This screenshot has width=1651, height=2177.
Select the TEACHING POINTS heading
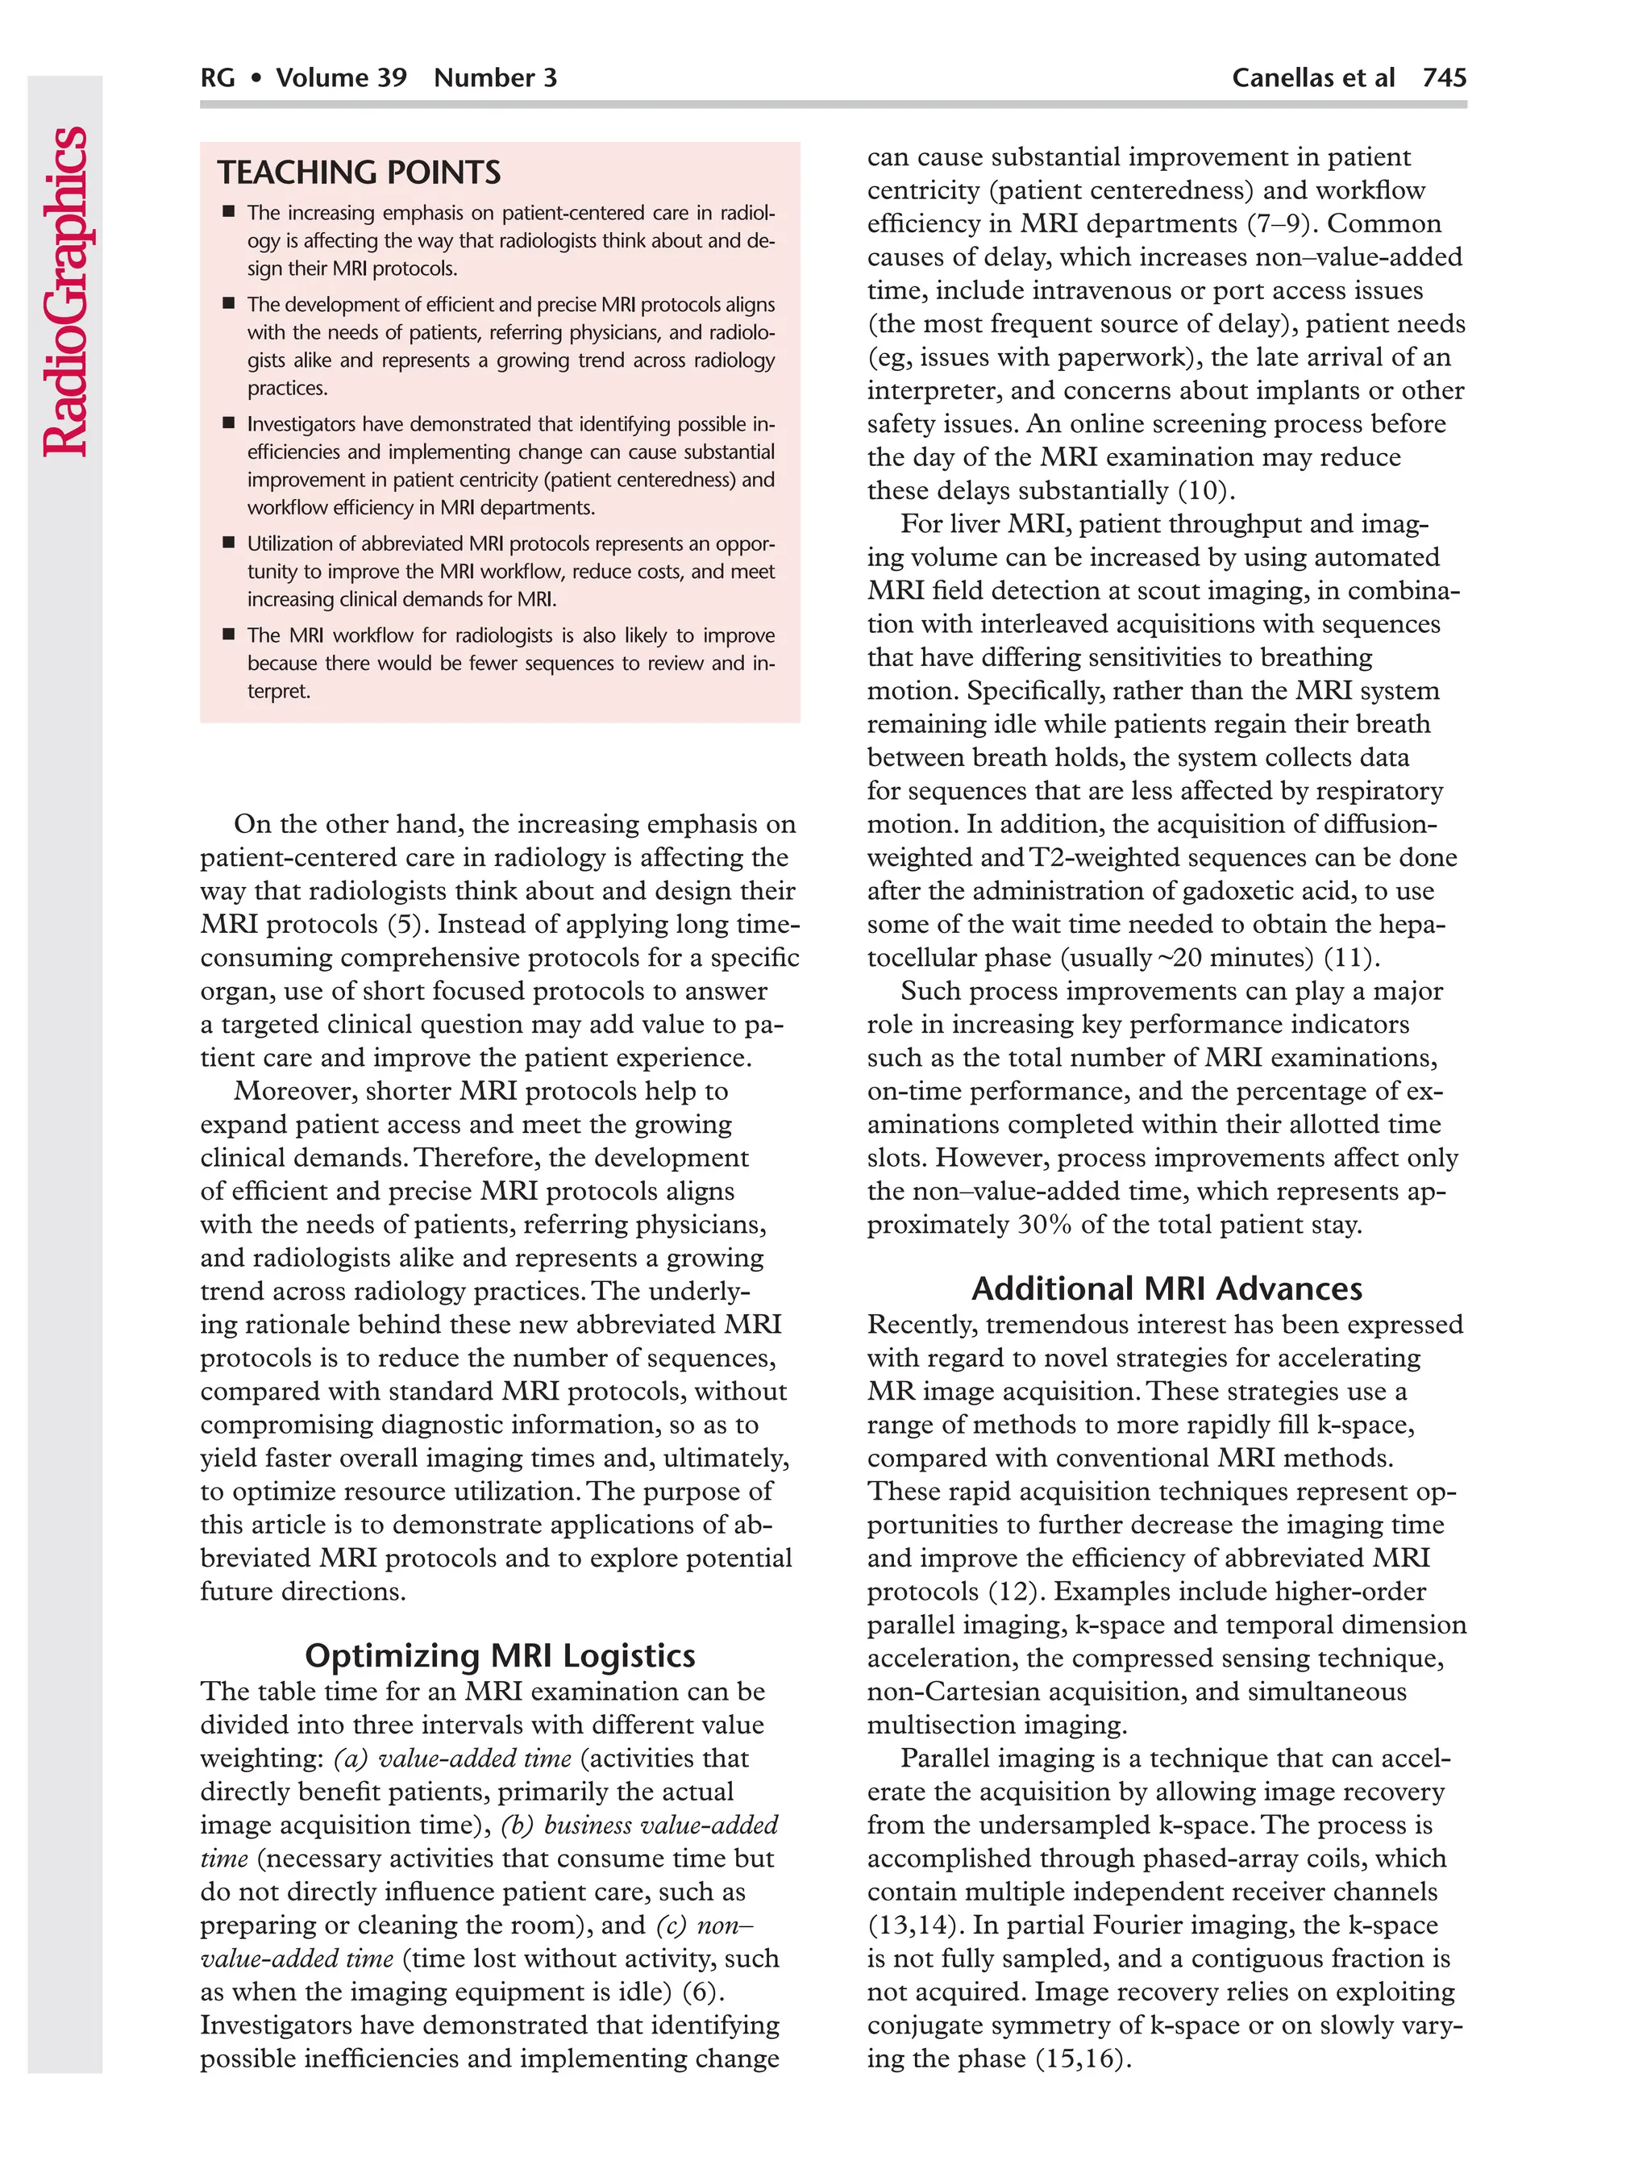359,173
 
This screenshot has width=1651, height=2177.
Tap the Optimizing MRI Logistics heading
500,1655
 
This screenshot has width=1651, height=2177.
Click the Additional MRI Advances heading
1167,1288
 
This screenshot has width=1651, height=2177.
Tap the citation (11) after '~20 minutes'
1351,958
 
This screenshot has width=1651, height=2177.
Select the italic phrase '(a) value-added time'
452,1758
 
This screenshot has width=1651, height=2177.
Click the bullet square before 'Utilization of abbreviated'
228,543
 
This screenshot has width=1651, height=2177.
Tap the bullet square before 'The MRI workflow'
228,634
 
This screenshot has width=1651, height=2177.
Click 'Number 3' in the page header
495,77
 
